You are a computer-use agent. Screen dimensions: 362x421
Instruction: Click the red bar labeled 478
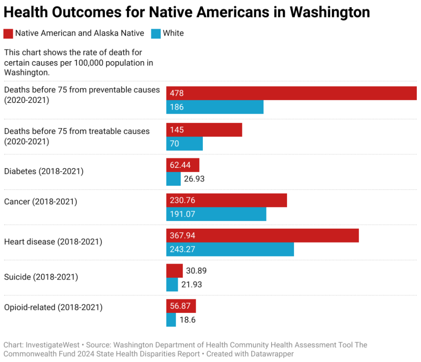coord(291,93)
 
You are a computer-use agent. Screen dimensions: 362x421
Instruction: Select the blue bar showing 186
coord(215,107)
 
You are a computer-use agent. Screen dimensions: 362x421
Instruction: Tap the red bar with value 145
coord(204,130)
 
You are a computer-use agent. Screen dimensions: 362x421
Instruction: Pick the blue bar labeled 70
coord(184,144)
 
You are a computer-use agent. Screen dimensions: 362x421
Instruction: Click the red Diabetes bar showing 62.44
coord(183,165)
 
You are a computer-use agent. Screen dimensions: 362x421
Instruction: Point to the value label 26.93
coord(194,179)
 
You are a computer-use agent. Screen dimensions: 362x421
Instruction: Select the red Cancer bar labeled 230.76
coord(226,200)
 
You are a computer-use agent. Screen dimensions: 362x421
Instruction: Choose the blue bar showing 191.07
coord(216,214)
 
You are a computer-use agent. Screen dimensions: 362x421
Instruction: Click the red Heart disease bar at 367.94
coord(262,236)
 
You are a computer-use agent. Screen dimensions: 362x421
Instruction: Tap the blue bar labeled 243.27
coord(230,249)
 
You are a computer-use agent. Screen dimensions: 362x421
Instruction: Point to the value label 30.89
coord(196,271)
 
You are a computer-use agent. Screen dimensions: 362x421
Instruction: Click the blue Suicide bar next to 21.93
coord(172,285)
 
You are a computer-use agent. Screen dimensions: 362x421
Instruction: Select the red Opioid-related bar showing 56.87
coord(181,306)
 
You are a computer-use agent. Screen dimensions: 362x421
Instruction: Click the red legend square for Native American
coord(8,33)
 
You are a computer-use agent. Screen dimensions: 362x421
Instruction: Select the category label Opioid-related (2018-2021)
coord(53,307)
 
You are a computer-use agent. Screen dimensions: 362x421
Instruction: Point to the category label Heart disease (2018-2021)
coord(53,242)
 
